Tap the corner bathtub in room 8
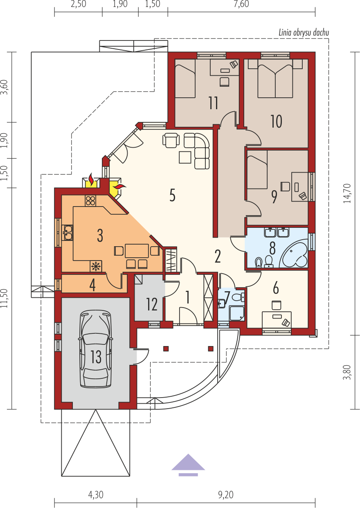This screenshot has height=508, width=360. point(295,255)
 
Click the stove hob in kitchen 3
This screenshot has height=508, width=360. point(90,201)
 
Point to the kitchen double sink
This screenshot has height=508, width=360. point(67,232)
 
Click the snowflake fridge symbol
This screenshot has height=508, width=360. point(96,266)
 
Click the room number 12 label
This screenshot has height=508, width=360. point(152,304)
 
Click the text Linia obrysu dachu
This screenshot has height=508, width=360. point(304,33)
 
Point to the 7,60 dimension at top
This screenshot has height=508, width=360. point(241,4)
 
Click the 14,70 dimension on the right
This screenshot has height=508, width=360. point(347,193)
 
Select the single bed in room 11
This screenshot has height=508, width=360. point(185,79)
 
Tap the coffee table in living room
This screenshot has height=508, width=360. point(185,157)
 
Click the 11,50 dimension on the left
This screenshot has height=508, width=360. point(4,298)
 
